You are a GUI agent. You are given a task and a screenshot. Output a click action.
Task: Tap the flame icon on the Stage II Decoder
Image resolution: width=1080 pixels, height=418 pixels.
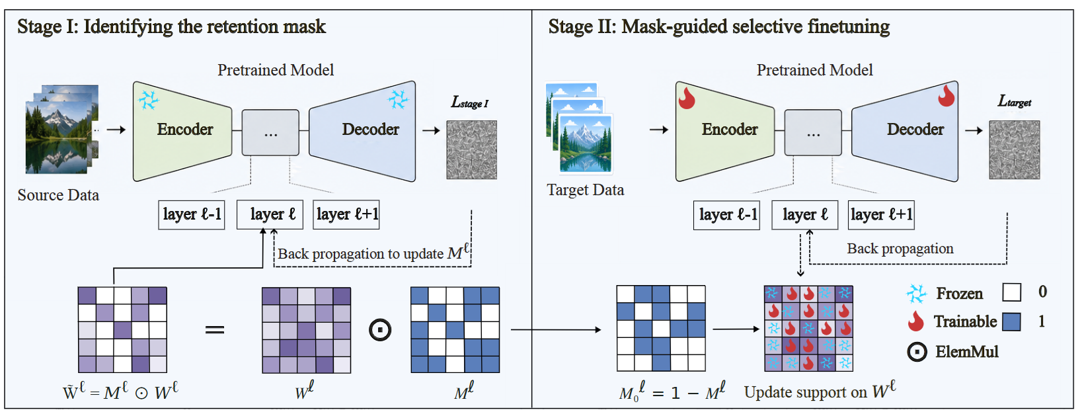click(946, 95)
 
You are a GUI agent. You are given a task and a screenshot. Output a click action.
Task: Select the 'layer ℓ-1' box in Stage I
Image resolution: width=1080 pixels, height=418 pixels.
click(192, 215)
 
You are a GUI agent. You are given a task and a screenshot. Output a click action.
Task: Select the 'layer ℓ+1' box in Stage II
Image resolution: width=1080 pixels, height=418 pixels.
click(881, 215)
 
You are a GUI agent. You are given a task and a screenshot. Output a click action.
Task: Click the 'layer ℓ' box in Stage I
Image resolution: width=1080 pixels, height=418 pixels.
click(270, 215)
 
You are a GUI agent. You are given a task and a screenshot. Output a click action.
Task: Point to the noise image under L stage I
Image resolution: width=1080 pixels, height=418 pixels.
click(471, 149)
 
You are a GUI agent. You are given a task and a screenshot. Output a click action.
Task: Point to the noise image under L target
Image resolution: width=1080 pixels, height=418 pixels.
click(1015, 149)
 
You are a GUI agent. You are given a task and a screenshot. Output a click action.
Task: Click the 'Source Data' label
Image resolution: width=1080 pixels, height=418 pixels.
click(58, 195)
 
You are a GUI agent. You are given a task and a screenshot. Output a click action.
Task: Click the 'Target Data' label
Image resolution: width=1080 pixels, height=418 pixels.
click(586, 190)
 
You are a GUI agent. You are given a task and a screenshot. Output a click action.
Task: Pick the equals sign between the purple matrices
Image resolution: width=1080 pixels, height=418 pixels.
click(215, 330)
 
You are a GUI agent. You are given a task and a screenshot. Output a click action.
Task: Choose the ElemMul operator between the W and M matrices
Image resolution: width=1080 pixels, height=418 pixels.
click(380, 330)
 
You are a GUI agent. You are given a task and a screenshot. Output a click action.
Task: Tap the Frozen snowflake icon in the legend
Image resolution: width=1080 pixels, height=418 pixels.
click(917, 294)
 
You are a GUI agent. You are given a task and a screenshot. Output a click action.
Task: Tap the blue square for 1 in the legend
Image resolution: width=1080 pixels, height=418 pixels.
click(1011, 321)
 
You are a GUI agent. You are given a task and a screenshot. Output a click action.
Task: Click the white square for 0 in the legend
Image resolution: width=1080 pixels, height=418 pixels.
click(1011, 292)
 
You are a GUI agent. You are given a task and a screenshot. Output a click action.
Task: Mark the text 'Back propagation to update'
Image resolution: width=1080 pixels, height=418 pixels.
click(361, 254)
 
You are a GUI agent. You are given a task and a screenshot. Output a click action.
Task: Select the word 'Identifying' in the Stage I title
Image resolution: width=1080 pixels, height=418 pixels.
click(128, 26)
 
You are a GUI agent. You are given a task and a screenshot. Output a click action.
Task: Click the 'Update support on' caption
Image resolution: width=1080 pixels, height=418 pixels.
click(805, 392)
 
